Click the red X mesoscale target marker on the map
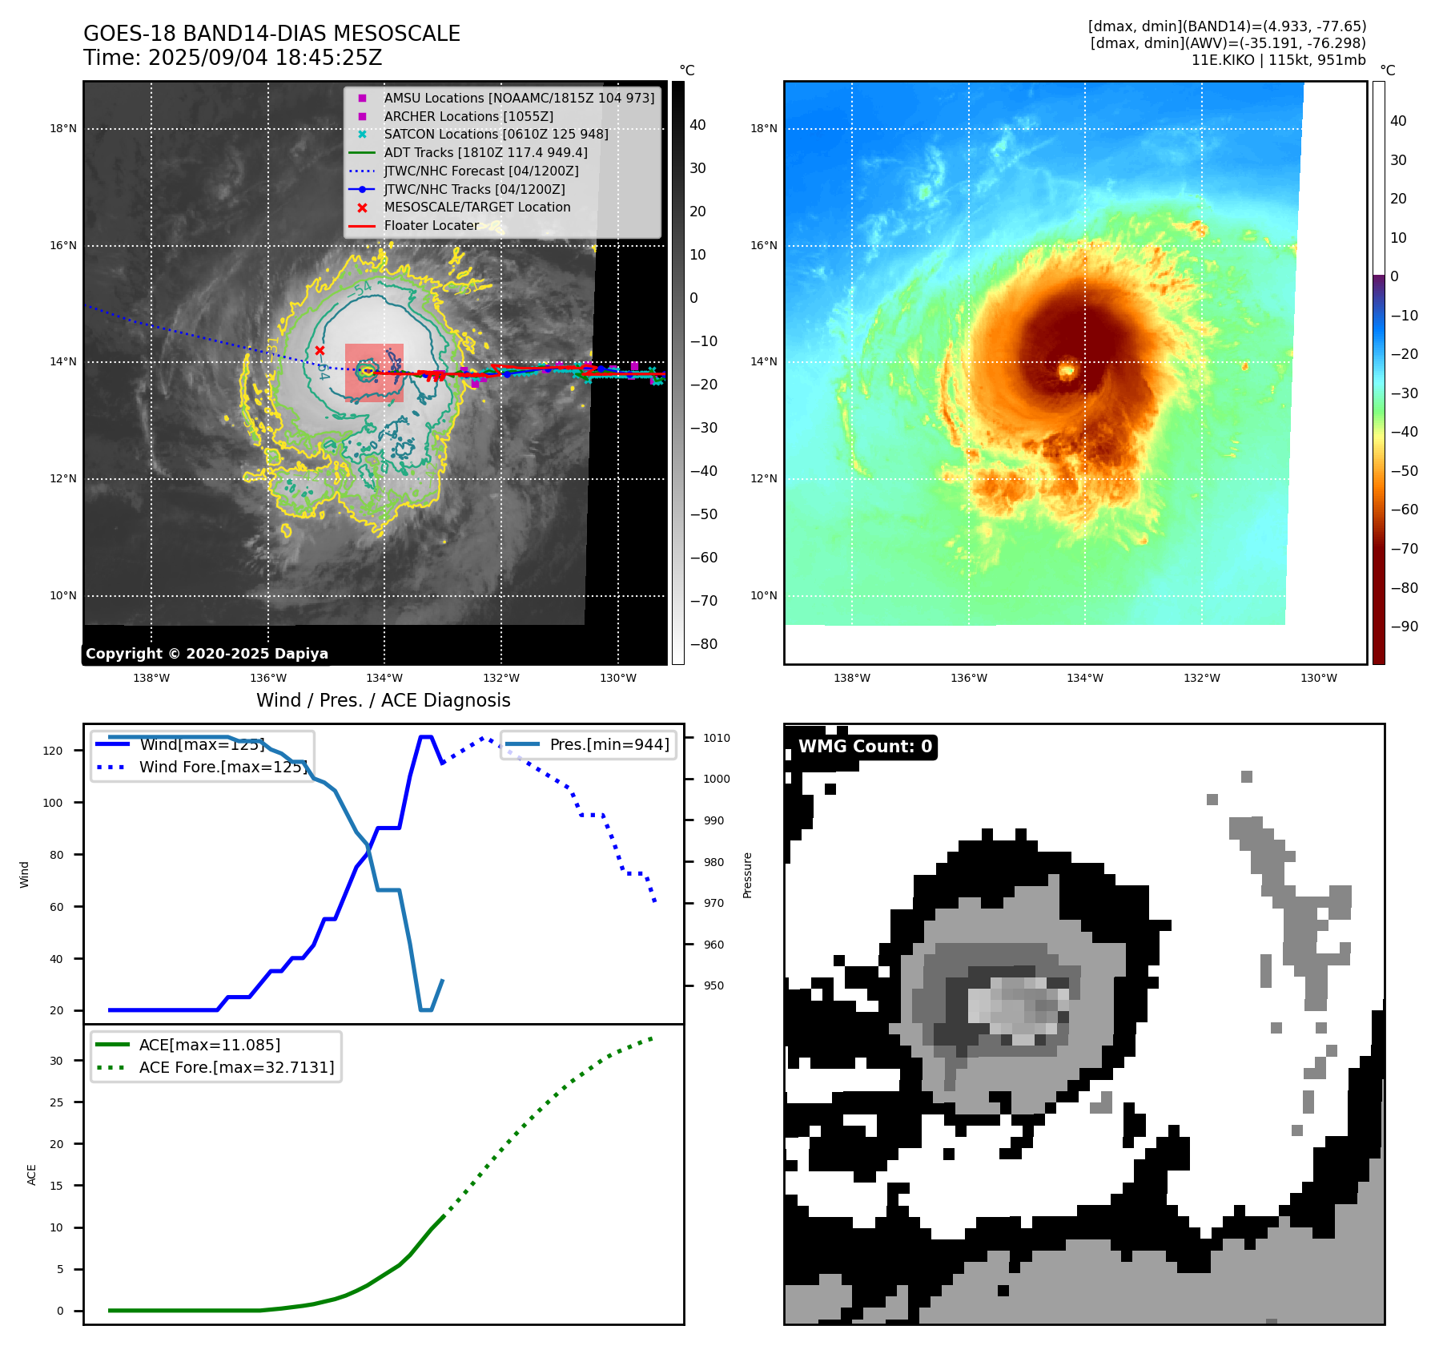[320, 350]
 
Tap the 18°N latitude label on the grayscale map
[63, 128]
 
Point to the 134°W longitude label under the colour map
[1084, 678]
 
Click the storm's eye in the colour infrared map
[1067, 371]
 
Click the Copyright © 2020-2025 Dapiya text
[207, 654]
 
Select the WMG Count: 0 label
[865, 747]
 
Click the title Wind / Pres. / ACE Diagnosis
[383, 700]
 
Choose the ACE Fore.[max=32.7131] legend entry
[236, 1067]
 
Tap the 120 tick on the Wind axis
[53, 751]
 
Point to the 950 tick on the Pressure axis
[713, 985]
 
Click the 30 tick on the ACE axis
[56, 1061]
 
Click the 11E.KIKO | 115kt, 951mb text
[1278, 60]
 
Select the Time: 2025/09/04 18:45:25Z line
[232, 58]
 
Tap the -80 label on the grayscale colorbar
[704, 644]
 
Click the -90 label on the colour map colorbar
[1404, 627]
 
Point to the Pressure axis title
[747, 875]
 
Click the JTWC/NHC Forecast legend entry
[480, 171]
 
